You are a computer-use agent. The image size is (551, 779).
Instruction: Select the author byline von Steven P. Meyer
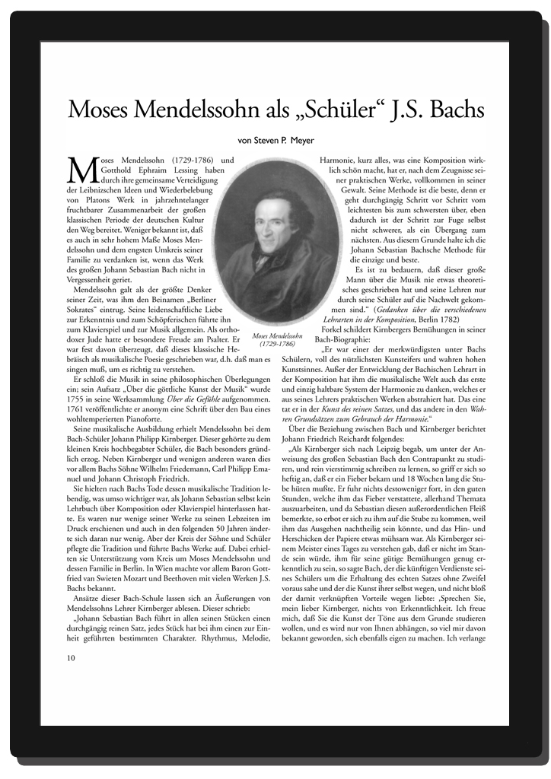[x=275, y=139]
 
